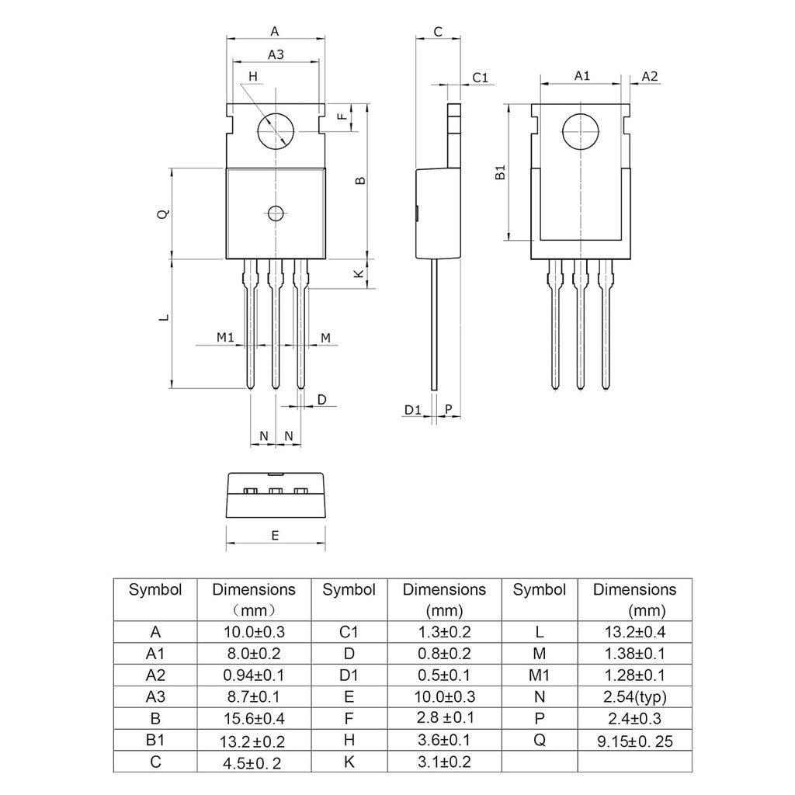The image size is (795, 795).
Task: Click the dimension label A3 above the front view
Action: pos(276,54)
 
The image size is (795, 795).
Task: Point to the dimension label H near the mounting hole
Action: pos(252,76)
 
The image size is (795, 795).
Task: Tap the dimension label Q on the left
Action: pos(161,214)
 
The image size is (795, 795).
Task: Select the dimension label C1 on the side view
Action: pos(480,77)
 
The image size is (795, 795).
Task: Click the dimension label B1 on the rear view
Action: pos(501,172)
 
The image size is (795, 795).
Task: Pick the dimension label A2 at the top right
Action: pos(650,76)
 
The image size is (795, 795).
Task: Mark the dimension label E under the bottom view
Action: pos(275,536)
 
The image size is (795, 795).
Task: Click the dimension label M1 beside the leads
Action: pos(225,337)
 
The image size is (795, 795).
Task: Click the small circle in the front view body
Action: pos(275,214)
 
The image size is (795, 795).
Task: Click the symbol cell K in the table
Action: pos(349,762)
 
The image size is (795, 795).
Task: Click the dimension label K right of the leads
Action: pos(358,274)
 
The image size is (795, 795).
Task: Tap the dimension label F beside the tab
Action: pos(342,117)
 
